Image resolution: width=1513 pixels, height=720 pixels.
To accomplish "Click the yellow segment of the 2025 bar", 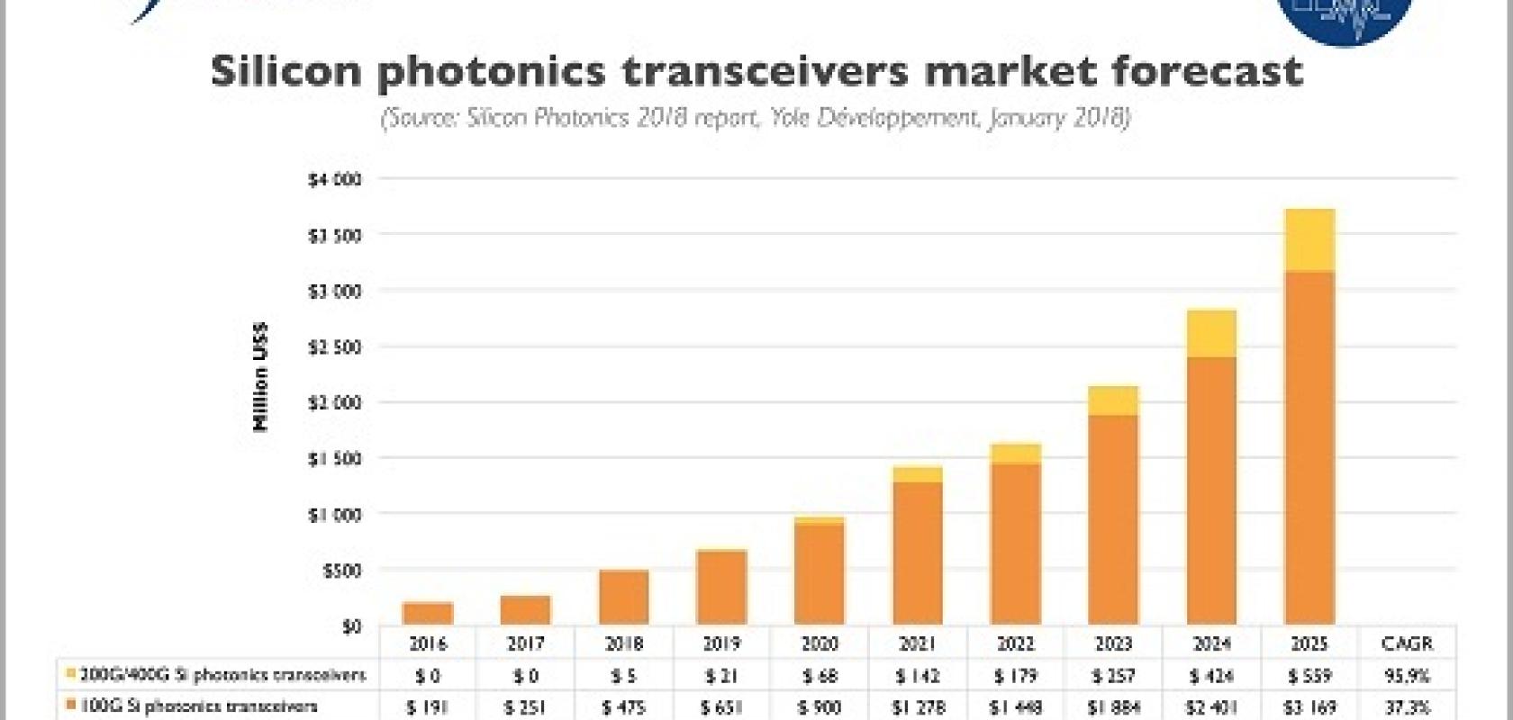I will point(1309,240).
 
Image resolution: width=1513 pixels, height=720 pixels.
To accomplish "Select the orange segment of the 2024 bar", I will point(1211,490).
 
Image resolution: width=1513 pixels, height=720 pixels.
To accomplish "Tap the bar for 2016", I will point(428,614).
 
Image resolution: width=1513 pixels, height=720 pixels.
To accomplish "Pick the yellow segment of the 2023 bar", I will point(1113,400).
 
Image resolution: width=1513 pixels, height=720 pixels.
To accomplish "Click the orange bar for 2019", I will point(721,588).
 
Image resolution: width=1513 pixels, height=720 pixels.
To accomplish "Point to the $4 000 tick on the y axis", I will point(334,180).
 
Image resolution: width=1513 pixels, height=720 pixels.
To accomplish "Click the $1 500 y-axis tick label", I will point(334,459).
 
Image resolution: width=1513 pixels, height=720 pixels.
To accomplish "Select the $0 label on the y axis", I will point(350,625).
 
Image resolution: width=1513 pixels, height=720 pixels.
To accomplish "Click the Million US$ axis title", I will point(261,376).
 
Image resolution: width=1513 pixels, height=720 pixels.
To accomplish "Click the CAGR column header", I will point(1406,643).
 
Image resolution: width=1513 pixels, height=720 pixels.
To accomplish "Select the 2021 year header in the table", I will point(917,643).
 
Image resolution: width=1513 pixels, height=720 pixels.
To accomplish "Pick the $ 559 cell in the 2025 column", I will point(1309,675).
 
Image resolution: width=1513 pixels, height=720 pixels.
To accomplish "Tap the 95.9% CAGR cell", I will point(1406,675).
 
